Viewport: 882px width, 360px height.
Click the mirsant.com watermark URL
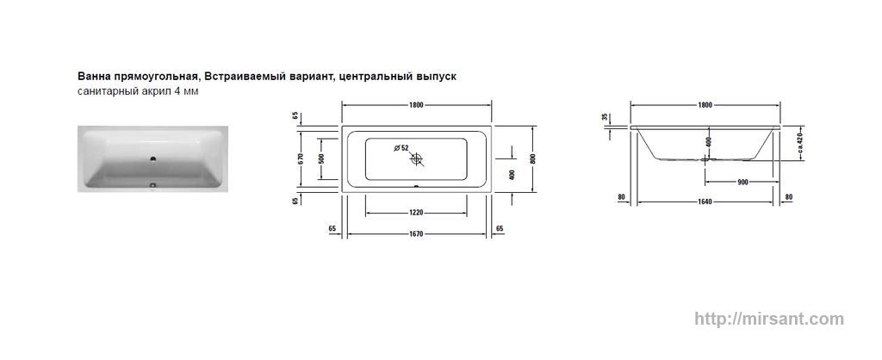pyautogui.click(x=769, y=319)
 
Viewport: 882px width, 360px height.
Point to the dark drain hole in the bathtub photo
pyautogui.click(x=152, y=159)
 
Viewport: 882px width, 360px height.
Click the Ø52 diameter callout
pyautogui.click(x=401, y=147)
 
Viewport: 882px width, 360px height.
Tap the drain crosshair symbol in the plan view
pyautogui.click(x=416, y=159)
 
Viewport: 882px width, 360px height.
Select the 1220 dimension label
pyautogui.click(x=416, y=213)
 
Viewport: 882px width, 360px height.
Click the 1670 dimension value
pyautogui.click(x=416, y=234)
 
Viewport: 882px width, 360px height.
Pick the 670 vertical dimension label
pyautogui.click(x=301, y=159)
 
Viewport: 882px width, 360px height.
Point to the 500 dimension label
pyautogui.click(x=322, y=159)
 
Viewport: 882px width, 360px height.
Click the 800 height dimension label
pyautogui.click(x=532, y=158)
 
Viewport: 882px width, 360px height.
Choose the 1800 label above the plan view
pyautogui.click(x=416, y=105)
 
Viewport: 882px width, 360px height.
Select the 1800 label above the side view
pyautogui.click(x=705, y=105)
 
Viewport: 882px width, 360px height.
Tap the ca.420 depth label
pyautogui.click(x=800, y=144)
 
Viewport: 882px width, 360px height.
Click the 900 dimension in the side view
pyautogui.click(x=742, y=182)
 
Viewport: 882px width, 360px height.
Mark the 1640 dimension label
pyautogui.click(x=705, y=202)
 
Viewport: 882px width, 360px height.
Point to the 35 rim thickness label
pyautogui.click(x=605, y=117)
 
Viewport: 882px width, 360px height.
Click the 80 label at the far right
pyautogui.click(x=789, y=197)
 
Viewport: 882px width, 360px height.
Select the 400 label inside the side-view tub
pyautogui.click(x=709, y=142)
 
